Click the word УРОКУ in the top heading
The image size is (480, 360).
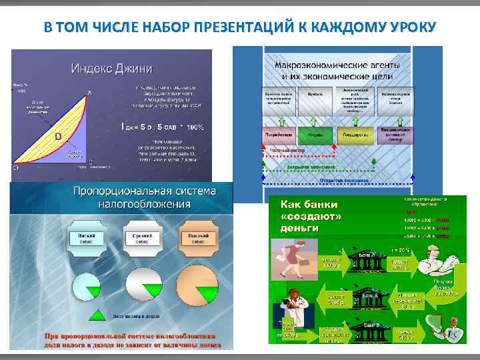[x=405, y=27]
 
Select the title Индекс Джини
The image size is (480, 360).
[x=112, y=68]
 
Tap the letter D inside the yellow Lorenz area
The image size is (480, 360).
[x=58, y=136]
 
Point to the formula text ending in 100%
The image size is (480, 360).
[x=162, y=126]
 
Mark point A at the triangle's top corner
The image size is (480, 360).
[x=89, y=93]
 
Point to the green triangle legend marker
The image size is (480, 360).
[x=97, y=315]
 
